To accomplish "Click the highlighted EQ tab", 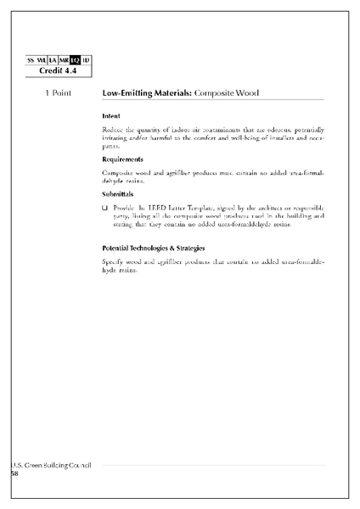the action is click(x=75, y=59).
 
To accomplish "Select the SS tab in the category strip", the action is click(x=31, y=59).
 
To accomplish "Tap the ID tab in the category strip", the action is click(x=86, y=59).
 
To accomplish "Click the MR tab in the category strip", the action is click(x=63, y=59).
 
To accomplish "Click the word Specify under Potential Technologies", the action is click(x=114, y=261).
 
